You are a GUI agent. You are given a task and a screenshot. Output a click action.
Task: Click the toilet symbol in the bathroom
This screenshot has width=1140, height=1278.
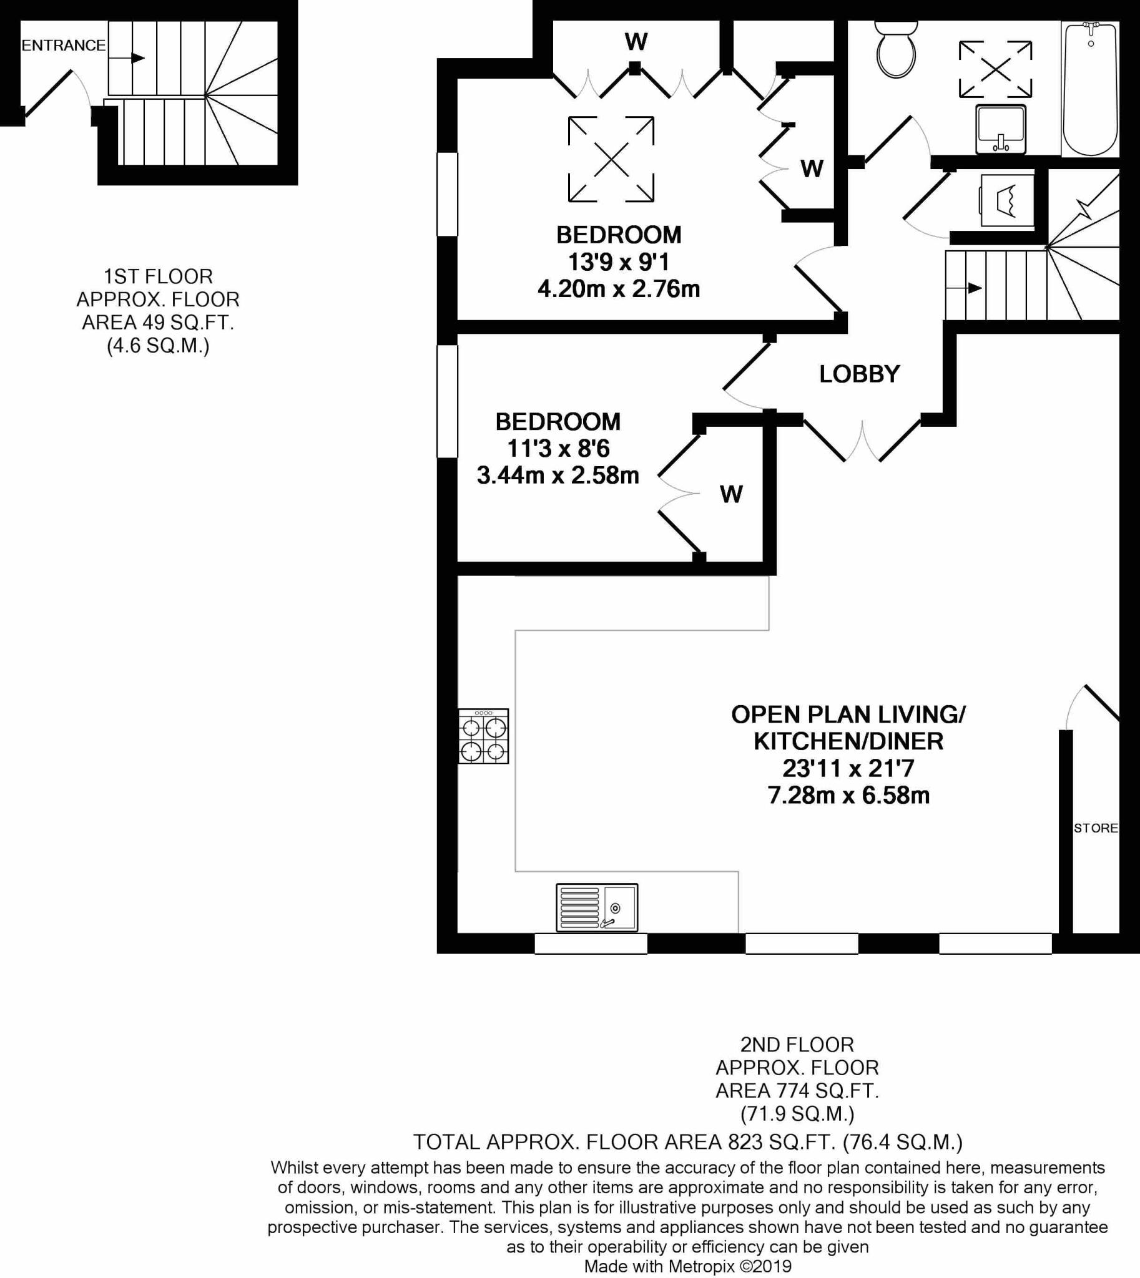[x=897, y=49]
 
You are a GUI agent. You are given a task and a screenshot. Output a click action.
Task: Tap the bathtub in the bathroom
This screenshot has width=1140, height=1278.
[x=1091, y=89]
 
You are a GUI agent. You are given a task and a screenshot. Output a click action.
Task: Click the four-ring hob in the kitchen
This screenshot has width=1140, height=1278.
[x=483, y=736]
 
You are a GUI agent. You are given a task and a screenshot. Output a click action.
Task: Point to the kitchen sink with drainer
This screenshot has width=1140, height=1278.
[x=596, y=907]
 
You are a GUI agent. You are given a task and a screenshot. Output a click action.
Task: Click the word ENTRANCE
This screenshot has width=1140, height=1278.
[x=63, y=46]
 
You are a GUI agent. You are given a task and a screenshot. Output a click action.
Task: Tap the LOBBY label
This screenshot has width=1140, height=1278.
[x=860, y=374]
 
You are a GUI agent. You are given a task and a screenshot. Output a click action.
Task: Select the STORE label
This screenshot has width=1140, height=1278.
[x=1096, y=829]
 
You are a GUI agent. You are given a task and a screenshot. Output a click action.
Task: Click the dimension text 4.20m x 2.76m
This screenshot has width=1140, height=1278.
[x=618, y=290]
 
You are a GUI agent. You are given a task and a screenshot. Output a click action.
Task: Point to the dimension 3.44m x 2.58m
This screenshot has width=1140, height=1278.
[x=558, y=476]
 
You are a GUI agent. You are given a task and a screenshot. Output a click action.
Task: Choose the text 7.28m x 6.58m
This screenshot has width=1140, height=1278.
[x=848, y=796]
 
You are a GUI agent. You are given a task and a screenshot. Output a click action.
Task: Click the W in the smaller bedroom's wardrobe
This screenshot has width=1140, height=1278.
[x=731, y=495]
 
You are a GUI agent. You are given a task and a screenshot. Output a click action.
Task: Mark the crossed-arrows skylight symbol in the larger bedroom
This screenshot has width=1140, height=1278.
[x=611, y=159]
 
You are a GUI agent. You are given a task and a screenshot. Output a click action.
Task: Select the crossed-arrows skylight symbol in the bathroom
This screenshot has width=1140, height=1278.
[x=995, y=69]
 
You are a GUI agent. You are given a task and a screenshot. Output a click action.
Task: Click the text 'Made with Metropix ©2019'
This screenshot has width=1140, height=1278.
[x=687, y=1267]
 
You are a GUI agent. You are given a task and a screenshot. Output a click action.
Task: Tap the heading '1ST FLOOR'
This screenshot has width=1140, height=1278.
[x=158, y=276]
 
